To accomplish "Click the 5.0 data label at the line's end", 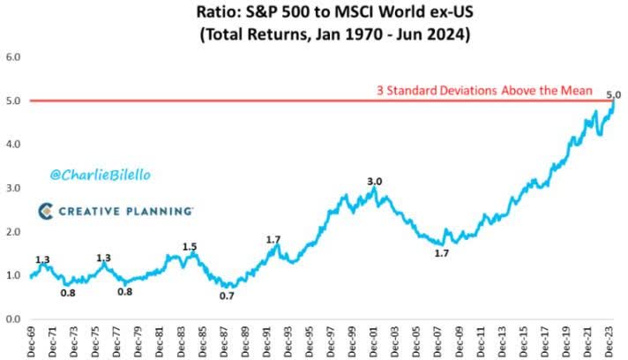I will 614,94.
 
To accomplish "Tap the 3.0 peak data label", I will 374,182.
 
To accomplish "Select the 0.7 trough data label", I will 228,296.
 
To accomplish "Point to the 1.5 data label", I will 189,247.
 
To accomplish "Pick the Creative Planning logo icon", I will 45,211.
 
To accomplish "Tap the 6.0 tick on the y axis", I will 15,58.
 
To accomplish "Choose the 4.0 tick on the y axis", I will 15,145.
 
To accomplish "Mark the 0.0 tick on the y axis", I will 15,319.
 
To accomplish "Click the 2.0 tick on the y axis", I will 15,231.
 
